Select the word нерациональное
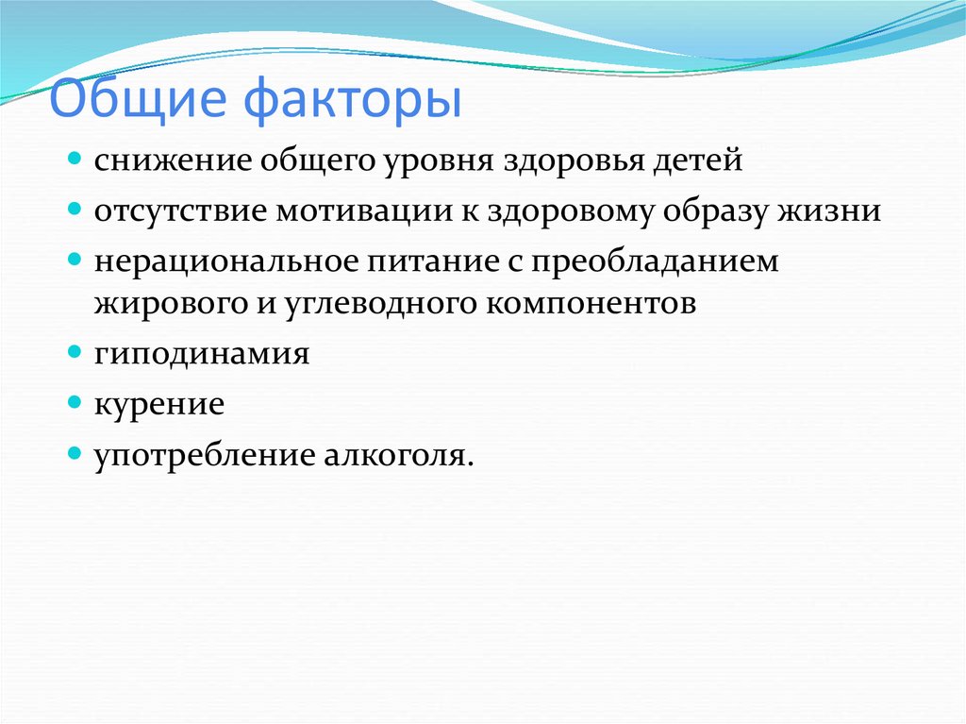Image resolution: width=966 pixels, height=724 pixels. coord(226,261)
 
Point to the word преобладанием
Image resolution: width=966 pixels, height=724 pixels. coord(655,262)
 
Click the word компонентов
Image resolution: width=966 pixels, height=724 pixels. coord(591,304)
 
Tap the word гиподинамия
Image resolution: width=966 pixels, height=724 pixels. coord(202,354)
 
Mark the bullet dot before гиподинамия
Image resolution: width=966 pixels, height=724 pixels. coord(75,352)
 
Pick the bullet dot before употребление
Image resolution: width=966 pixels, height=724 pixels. coord(75,454)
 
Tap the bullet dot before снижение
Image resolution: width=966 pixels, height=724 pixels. coord(75,160)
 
